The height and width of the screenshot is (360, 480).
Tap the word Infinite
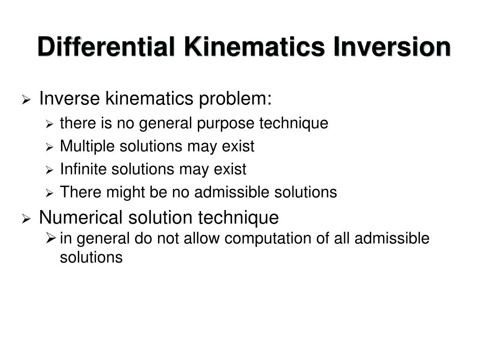click(83, 169)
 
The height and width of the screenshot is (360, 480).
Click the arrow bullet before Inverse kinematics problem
click(27, 100)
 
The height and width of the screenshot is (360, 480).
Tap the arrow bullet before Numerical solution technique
click(27, 218)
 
